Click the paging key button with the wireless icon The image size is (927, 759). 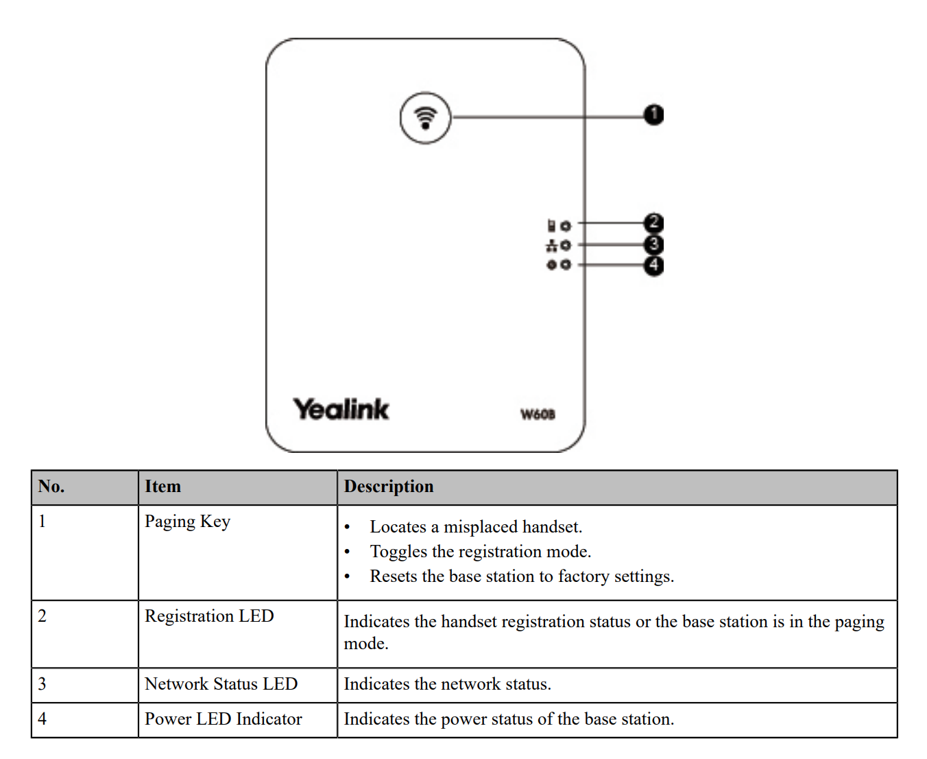[x=425, y=118]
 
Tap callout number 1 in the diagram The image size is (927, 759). [x=653, y=115]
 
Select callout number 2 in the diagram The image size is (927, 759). [x=653, y=223]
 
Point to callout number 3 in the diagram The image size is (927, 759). [x=653, y=244]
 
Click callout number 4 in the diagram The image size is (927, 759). [x=653, y=265]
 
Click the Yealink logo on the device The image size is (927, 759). [x=341, y=409]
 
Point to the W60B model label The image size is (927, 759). [x=538, y=414]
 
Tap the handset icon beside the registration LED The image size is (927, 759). [x=551, y=225]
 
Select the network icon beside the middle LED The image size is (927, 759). [x=551, y=245]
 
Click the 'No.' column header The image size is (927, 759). [x=51, y=487]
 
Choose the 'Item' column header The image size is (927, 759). [x=162, y=487]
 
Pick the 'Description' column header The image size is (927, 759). [x=389, y=487]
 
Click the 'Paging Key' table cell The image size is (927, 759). [x=187, y=522]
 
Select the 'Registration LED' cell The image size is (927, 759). [x=209, y=616]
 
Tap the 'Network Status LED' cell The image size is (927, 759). [x=221, y=684]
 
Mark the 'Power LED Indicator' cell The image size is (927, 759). [x=223, y=719]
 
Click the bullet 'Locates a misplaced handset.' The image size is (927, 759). [x=476, y=527]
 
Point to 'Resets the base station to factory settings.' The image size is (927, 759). [x=522, y=576]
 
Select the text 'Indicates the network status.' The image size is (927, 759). [x=447, y=684]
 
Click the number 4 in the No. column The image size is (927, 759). [x=43, y=719]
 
